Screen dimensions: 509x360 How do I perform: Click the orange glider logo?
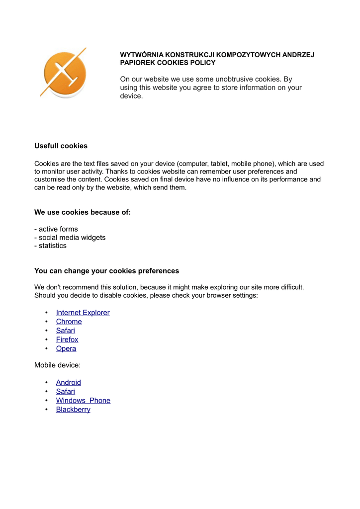click(x=64, y=73)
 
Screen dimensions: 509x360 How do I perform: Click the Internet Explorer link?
click(x=83, y=313)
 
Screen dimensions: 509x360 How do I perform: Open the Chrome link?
click(x=69, y=322)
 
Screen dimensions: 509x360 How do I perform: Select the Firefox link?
click(x=67, y=339)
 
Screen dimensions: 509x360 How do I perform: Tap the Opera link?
click(x=66, y=348)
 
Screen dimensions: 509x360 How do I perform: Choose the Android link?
click(x=68, y=383)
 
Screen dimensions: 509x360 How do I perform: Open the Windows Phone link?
click(x=83, y=401)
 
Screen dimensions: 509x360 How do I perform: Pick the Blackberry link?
click(x=73, y=410)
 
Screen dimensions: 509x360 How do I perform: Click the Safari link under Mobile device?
click(x=65, y=392)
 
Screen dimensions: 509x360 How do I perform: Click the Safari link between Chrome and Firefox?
click(x=65, y=331)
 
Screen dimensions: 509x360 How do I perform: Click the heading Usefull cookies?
click(x=61, y=146)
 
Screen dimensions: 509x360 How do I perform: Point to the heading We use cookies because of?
click(x=83, y=212)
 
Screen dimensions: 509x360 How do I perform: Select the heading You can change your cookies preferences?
click(x=106, y=271)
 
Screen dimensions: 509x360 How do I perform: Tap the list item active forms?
click(x=56, y=229)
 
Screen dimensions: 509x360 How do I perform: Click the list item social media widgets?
click(x=70, y=238)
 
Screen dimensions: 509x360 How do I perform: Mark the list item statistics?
click(x=51, y=246)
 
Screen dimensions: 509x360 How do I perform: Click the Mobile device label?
click(x=57, y=365)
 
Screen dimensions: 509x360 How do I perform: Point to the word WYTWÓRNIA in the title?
click(x=142, y=55)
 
